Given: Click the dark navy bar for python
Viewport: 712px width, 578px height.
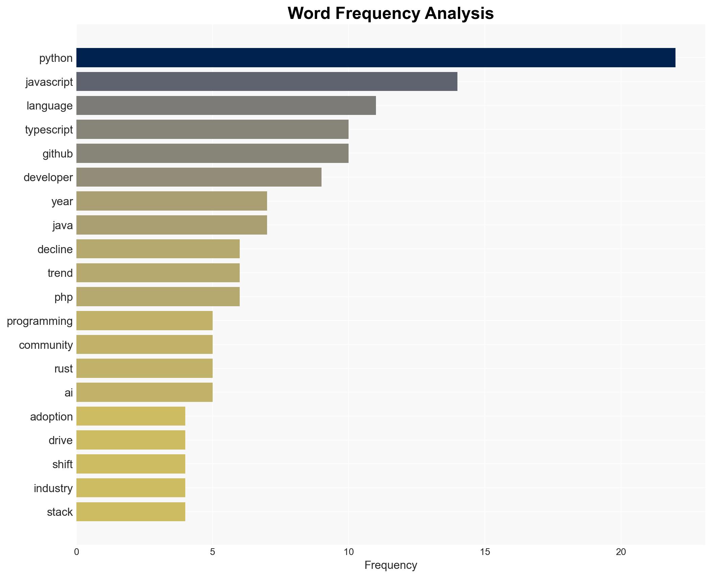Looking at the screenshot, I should coord(375,58).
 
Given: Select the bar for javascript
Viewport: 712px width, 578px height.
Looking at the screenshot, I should coord(266,81).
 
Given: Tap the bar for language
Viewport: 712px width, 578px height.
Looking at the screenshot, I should coord(226,105).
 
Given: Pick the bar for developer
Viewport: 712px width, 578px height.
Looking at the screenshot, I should coord(199,177).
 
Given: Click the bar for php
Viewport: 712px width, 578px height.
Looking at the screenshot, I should coord(158,297).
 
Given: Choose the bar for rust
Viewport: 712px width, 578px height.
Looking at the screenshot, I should coord(144,368).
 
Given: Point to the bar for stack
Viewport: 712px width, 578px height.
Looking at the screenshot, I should coord(130,512).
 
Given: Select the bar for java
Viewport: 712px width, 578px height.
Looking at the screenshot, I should coord(171,225).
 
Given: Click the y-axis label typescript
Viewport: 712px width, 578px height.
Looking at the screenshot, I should coord(49,130).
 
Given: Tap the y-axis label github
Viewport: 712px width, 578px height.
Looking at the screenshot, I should coord(57,154).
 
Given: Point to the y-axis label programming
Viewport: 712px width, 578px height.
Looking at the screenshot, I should coord(40,321).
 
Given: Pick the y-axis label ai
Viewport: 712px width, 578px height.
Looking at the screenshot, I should coord(69,393).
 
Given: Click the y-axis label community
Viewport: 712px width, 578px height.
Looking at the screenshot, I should coord(46,345).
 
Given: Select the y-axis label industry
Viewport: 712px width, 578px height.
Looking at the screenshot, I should coord(53,488).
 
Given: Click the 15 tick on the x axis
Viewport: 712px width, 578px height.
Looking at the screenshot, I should coord(484,552).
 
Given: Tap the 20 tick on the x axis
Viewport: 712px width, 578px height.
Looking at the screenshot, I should coord(621,552).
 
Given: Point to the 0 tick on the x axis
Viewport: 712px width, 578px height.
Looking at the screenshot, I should coord(77,552).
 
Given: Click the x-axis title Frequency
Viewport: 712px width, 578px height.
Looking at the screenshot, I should coord(390,565).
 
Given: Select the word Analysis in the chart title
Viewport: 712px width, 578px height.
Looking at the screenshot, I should coord(459,14).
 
